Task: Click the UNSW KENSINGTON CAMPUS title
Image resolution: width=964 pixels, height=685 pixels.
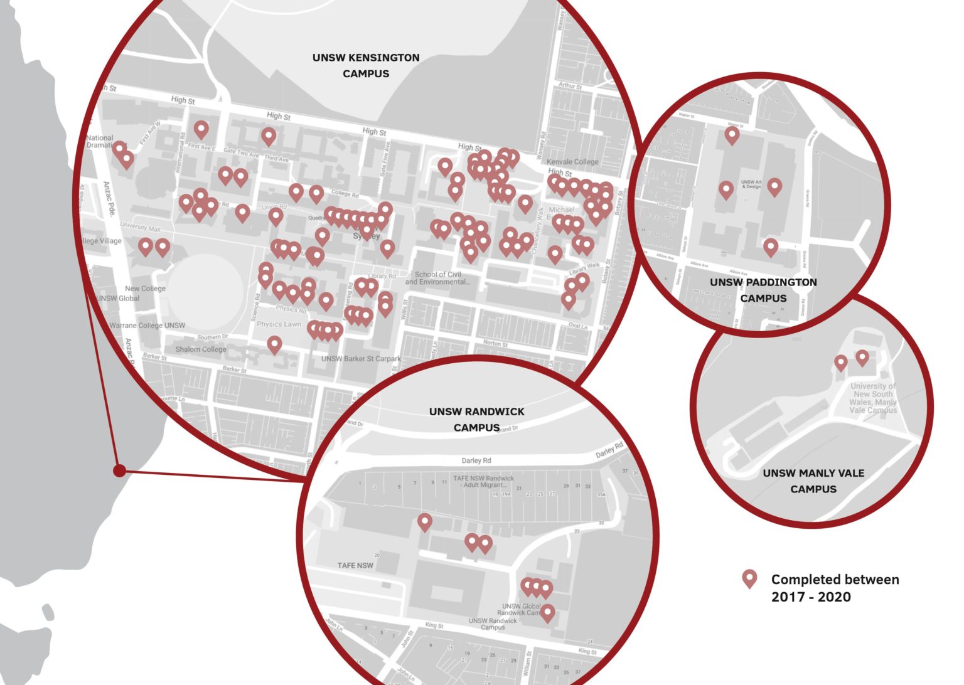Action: tap(366, 65)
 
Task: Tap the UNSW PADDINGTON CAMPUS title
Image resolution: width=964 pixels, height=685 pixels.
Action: tap(763, 290)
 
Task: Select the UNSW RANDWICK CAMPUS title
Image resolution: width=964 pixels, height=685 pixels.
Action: tap(476, 419)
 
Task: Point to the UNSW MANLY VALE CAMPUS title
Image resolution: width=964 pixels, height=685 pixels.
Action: tap(813, 481)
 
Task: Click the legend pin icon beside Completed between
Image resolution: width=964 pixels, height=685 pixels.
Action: tap(749, 579)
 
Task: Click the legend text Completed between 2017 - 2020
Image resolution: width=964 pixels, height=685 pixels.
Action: tap(835, 588)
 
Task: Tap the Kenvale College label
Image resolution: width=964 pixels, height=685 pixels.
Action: tap(572, 161)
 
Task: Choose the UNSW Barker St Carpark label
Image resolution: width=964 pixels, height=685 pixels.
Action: tap(361, 359)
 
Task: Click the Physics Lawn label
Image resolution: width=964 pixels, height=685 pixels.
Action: tap(279, 324)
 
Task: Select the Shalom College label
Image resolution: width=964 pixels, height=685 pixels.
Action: tap(201, 349)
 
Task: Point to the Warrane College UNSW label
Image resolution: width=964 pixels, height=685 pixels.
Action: tap(147, 326)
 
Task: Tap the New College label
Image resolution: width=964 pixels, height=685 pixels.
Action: tap(145, 289)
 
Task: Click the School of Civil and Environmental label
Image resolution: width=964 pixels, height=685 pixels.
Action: tap(437, 278)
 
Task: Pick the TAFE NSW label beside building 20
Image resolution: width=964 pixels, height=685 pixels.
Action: tap(355, 565)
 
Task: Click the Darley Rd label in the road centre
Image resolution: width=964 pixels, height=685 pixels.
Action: tap(476, 460)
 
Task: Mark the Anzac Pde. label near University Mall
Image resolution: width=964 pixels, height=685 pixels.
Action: tap(109, 199)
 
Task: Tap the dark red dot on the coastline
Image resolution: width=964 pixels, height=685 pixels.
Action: tap(119, 470)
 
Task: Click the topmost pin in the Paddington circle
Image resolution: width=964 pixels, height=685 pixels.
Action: tap(732, 134)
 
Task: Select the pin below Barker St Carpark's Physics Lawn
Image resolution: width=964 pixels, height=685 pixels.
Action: tap(274, 344)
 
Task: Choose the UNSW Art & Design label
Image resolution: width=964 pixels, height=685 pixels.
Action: tap(751, 184)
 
